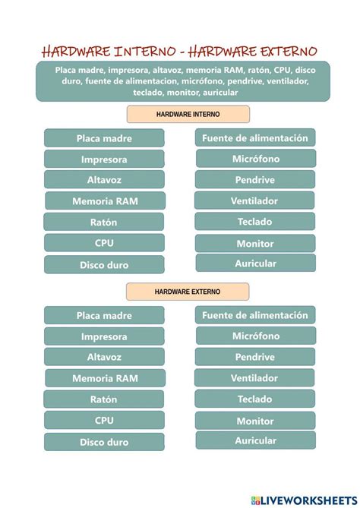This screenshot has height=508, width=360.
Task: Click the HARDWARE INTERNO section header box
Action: click(188, 114)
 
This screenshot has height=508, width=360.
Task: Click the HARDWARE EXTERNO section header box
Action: click(187, 292)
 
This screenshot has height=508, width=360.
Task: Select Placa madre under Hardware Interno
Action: click(104, 138)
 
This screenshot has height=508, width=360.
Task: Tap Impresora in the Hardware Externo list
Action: click(104, 336)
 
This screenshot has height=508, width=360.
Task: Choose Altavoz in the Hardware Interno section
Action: click(104, 180)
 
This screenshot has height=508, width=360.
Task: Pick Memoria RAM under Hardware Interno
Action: click(105, 201)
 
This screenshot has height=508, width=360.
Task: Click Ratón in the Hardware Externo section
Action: click(104, 399)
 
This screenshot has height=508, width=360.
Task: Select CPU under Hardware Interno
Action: click(104, 243)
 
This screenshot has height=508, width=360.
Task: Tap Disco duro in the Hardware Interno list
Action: click(104, 265)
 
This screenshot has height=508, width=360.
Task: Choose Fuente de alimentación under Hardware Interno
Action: click(255, 137)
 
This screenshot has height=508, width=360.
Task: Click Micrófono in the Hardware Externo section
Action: click(255, 336)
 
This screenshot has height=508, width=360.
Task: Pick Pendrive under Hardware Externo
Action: click(255, 357)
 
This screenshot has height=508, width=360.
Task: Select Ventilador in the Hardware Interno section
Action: click(255, 201)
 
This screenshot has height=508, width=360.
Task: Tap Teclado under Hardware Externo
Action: click(255, 399)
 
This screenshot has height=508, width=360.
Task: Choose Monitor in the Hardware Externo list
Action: click(255, 421)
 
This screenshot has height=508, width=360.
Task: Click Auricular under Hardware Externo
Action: click(255, 440)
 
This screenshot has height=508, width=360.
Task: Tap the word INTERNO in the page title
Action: click(144, 52)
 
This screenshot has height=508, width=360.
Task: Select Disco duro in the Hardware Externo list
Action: click(104, 442)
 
